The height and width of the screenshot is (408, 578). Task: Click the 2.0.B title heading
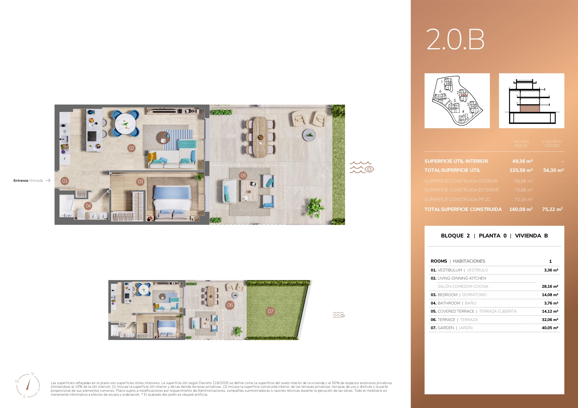(455, 39)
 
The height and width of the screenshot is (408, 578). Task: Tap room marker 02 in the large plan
(131, 148)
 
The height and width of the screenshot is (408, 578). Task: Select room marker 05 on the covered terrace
(243, 175)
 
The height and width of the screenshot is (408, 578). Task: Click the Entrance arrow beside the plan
(48, 181)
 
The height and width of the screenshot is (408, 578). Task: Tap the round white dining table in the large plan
(125, 124)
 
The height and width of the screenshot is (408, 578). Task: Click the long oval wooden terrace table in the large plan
(260, 137)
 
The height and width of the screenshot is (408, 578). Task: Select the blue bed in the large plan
(172, 203)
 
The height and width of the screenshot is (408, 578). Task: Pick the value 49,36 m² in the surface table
(522, 161)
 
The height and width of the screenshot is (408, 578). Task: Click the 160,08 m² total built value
(521, 209)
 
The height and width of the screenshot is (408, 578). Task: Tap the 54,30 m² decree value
(553, 170)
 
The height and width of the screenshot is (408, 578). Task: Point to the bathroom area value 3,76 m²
(551, 303)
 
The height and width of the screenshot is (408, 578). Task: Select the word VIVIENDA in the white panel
(528, 236)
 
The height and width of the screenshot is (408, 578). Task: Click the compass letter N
(32, 374)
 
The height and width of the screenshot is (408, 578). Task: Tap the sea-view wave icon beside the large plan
(362, 167)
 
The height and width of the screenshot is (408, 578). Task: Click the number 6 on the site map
(440, 91)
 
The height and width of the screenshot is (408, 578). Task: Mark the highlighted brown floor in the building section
(530, 109)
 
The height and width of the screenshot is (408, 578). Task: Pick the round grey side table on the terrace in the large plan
(309, 135)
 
